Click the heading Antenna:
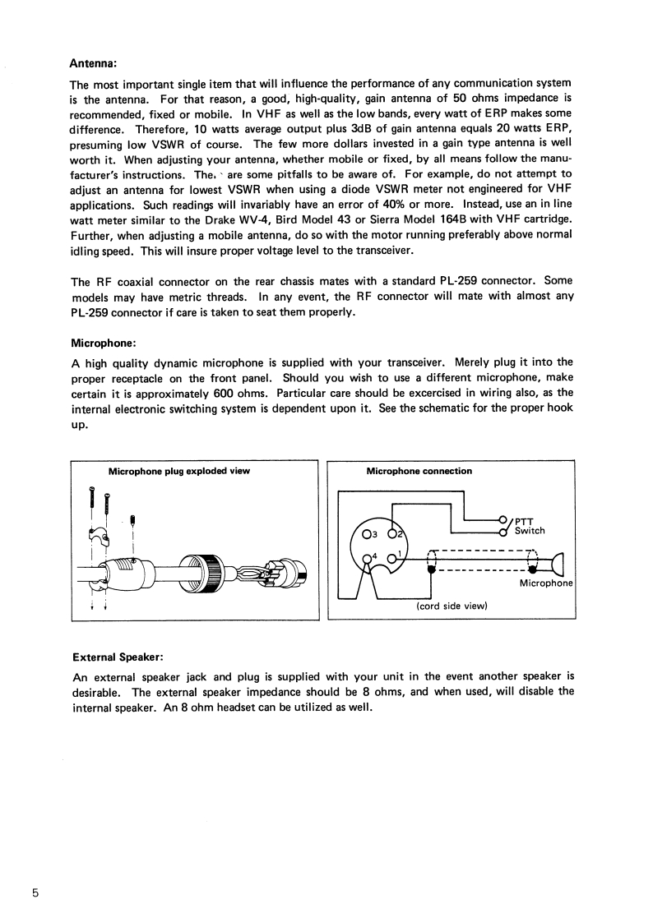tap(93, 62)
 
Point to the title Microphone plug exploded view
tap(179, 471)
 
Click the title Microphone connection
tap(419, 471)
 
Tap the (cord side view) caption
tap(452, 606)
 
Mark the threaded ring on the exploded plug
tap(214, 569)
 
